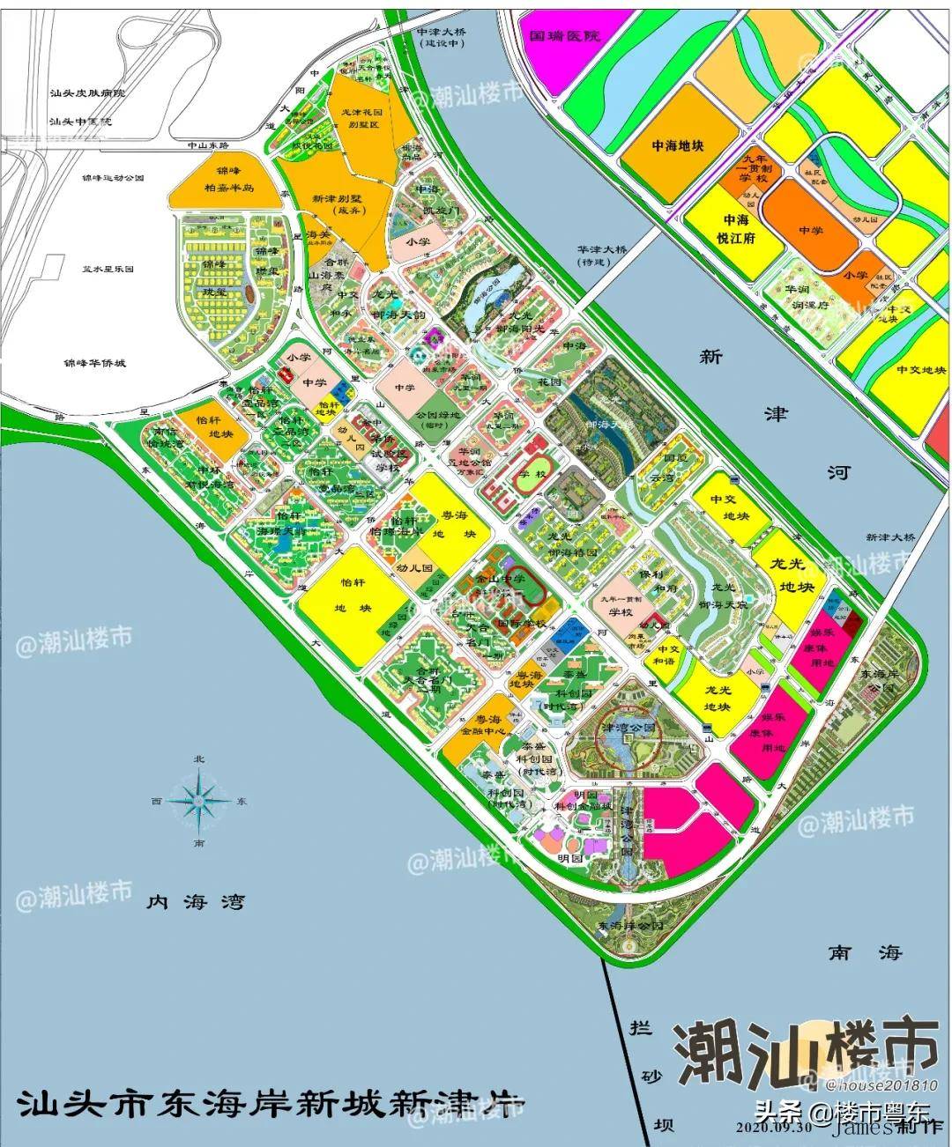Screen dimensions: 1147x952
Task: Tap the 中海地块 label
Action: pyautogui.click(x=677, y=145)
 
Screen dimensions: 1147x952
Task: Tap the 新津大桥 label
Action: pyautogui.click(x=890, y=537)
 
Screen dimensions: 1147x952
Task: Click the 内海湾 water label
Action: pyautogui.click(x=196, y=902)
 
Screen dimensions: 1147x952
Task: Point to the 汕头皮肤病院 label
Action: pyautogui.click(x=88, y=92)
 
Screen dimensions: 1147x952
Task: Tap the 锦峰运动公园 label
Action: pyautogui.click(x=112, y=177)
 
